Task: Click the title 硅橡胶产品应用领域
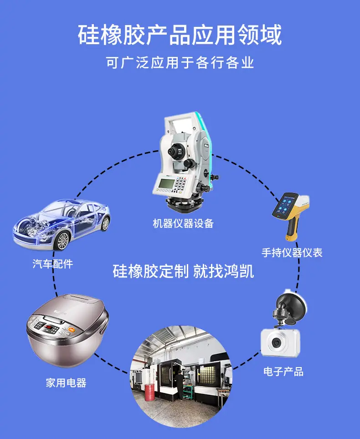point(180,35)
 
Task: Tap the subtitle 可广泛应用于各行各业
point(180,62)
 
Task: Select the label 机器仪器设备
point(183,224)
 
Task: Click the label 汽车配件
point(53,264)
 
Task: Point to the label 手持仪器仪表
point(292,253)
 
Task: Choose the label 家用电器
point(66,383)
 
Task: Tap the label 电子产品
point(283,372)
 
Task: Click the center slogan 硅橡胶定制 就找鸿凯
point(183,271)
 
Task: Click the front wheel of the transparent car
point(62,241)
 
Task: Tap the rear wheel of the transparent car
point(105,224)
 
